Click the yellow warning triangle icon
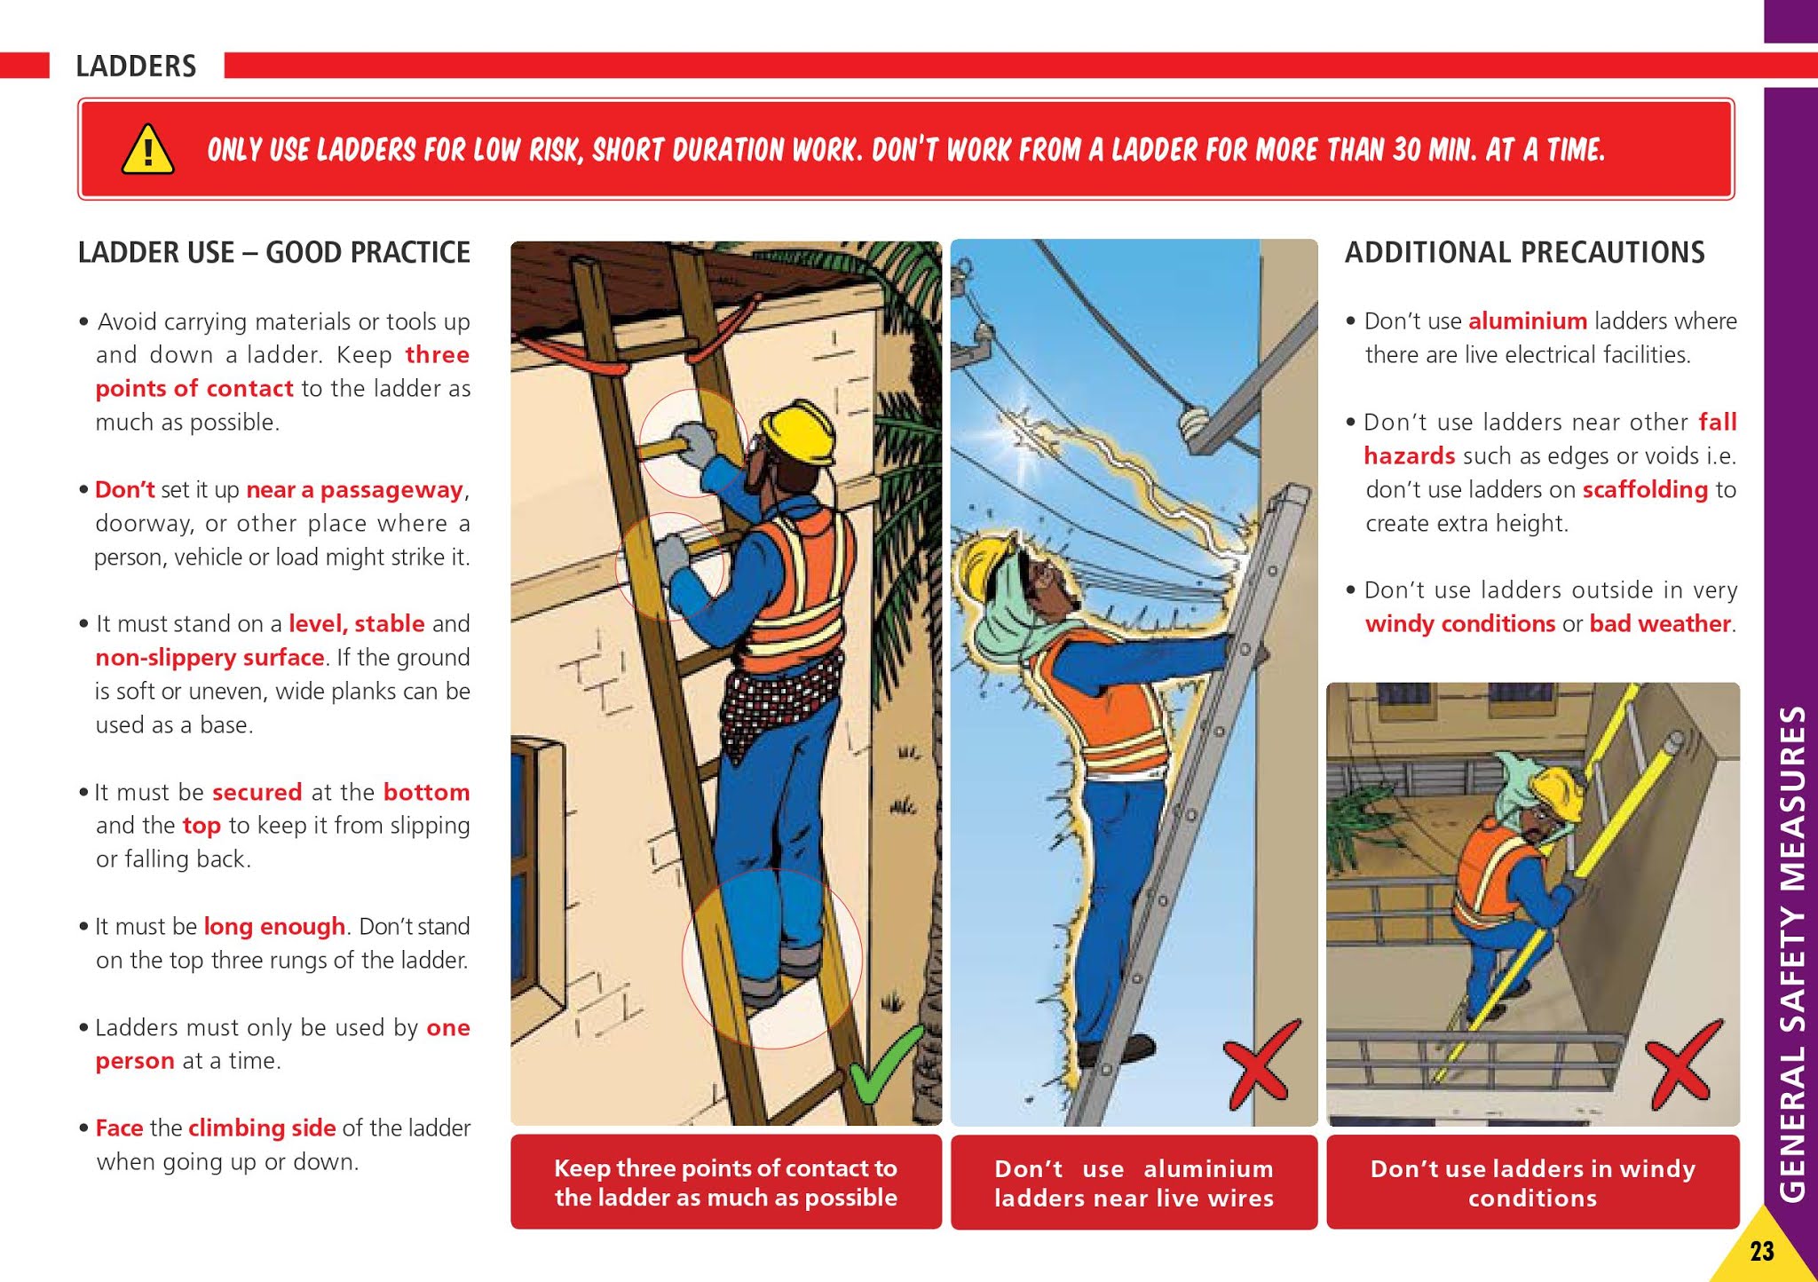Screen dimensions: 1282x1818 pos(147,148)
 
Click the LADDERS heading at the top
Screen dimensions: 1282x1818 pos(136,66)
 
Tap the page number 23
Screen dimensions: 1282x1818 pos(1761,1252)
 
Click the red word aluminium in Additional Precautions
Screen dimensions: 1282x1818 pos(1527,320)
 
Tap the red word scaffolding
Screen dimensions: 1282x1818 pos(1644,489)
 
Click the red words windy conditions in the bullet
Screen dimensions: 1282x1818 pos(1459,623)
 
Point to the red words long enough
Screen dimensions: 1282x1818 pos(273,926)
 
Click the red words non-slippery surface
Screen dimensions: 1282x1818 pos(209,657)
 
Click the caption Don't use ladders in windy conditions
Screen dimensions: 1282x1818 pos(1532,1183)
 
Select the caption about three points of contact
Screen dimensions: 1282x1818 pos(725,1183)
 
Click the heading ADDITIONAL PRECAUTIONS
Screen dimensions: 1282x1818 pos(1524,252)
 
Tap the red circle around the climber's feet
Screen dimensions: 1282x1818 pos(771,959)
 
